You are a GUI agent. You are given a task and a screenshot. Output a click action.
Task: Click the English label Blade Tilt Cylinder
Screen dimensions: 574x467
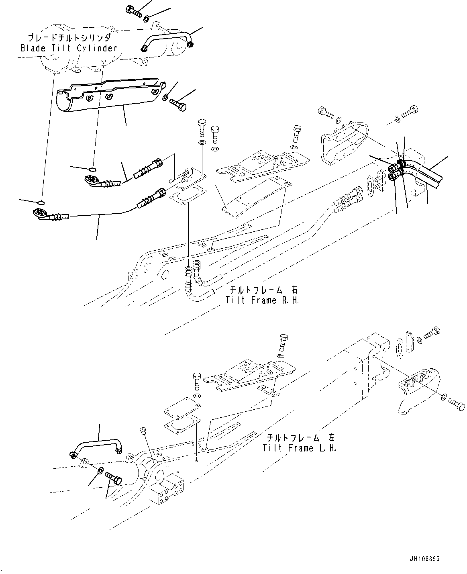[x=69, y=48]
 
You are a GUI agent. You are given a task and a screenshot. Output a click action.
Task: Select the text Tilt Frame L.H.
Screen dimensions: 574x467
[x=299, y=447]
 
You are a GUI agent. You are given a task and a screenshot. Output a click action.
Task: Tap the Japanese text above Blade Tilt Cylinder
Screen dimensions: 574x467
[x=69, y=38]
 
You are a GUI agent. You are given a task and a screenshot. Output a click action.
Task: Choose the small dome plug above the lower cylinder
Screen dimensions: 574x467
[x=143, y=431]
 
